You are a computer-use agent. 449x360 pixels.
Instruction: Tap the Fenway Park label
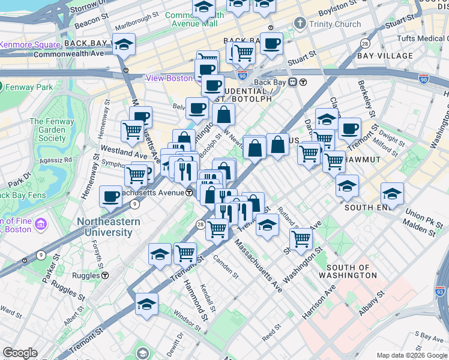[28, 87]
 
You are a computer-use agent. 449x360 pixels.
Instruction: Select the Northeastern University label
[109, 227]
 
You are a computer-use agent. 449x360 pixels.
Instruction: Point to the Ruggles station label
[88, 276]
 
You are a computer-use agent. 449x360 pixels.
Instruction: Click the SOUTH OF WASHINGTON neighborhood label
[352, 271]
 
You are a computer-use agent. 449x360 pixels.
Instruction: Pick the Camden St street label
[226, 266]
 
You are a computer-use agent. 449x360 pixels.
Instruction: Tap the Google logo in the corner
[20, 353]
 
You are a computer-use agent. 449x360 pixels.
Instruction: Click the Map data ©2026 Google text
[411, 356]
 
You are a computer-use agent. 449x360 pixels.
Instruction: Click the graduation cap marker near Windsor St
[146, 304]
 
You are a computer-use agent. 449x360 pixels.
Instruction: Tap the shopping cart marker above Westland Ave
[132, 130]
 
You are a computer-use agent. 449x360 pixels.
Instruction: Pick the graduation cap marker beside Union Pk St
[392, 193]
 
